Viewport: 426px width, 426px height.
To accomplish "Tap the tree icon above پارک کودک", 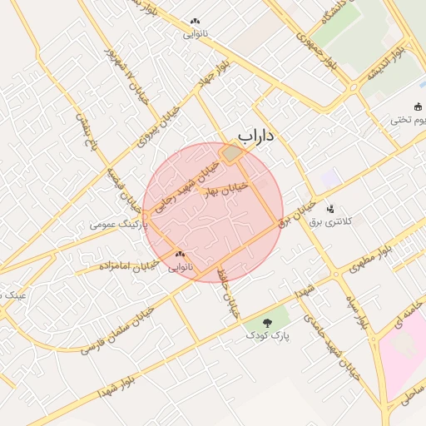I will pyautogui.click(x=268, y=322).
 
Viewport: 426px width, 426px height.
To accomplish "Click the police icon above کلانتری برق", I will pyautogui.click(x=331, y=209).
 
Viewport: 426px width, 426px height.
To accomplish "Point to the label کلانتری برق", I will pyautogui.click(x=330, y=221).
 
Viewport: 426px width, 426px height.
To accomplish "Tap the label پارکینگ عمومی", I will pyautogui.click(x=119, y=225).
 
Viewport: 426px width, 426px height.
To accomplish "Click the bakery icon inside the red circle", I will pyautogui.click(x=180, y=255).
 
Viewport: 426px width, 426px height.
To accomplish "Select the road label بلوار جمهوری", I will pyautogui.click(x=312, y=49).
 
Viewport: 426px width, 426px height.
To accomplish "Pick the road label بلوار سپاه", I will pyautogui.click(x=354, y=309).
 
